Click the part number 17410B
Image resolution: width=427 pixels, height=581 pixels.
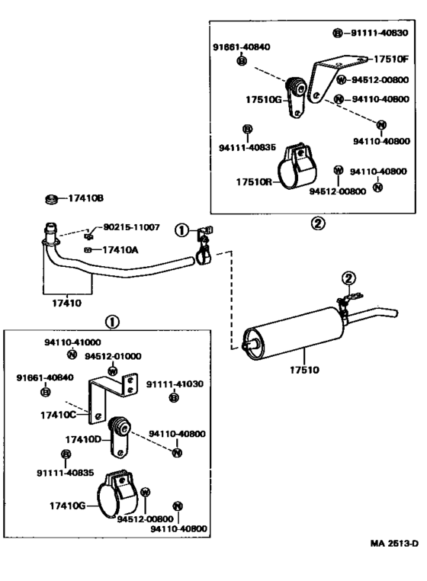(x=85, y=198)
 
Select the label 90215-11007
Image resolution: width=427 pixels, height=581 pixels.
(x=131, y=226)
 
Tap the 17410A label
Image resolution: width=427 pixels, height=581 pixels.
(x=120, y=250)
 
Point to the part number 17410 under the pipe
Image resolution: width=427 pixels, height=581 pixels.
(x=67, y=303)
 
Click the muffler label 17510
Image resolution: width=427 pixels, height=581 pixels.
(x=304, y=370)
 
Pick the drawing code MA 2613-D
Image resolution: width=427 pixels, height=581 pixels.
(x=394, y=543)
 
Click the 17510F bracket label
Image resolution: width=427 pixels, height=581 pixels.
(x=390, y=59)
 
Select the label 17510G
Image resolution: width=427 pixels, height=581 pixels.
(x=264, y=100)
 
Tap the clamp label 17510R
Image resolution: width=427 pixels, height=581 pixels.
(x=254, y=182)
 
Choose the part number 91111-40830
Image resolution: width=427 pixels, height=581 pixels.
(x=379, y=33)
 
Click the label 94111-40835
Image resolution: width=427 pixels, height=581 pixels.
(x=247, y=147)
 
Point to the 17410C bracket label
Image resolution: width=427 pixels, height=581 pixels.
(x=58, y=415)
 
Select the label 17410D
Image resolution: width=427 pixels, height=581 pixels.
(x=83, y=439)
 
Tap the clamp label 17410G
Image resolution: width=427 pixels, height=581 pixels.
(x=68, y=506)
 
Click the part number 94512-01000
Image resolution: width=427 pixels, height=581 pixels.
(x=113, y=356)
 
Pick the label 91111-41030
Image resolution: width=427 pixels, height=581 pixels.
(x=175, y=384)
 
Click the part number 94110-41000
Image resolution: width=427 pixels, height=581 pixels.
(x=72, y=342)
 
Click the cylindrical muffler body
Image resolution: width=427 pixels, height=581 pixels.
(x=293, y=333)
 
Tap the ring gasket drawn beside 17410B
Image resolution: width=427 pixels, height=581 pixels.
(x=51, y=199)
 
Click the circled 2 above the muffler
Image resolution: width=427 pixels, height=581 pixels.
(x=348, y=278)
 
